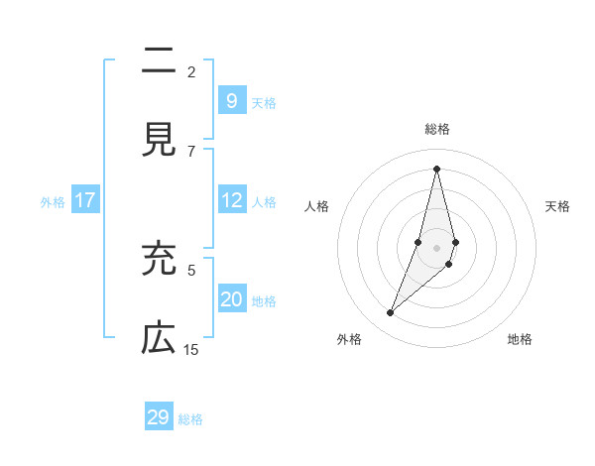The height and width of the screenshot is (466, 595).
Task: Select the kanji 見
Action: [x=159, y=141]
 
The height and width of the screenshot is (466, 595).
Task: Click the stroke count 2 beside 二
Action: [x=191, y=71]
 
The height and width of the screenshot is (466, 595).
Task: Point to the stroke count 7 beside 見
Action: [x=191, y=151]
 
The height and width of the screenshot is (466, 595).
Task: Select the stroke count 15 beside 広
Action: [x=191, y=349]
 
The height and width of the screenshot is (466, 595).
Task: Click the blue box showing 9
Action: [x=231, y=100]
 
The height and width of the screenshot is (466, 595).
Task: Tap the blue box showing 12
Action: [x=231, y=200]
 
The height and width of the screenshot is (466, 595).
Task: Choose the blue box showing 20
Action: [x=231, y=299]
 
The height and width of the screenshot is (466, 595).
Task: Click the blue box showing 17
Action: [x=85, y=200]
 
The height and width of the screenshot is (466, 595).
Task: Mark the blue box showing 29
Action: [x=159, y=417]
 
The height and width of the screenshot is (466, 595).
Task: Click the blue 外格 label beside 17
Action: [x=53, y=202]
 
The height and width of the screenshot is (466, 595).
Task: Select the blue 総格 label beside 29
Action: [x=191, y=419]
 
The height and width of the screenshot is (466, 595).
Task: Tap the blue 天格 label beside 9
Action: [x=264, y=102]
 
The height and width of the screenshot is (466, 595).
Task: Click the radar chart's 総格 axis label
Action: [x=437, y=129]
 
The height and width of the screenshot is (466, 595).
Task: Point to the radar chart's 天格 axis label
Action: [x=558, y=206]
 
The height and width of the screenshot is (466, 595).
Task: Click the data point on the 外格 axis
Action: [x=391, y=313]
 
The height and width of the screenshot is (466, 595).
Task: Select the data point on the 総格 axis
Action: [x=437, y=168]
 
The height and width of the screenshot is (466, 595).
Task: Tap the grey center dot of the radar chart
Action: [x=437, y=247]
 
